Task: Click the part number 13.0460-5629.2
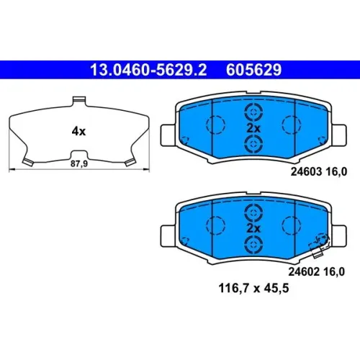point(148,70)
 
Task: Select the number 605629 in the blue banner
point(253,70)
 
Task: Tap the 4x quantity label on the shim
point(78,131)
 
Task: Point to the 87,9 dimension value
point(79,163)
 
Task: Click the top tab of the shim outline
point(79,101)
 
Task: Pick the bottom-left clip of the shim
point(28,162)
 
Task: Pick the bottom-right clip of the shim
point(130,162)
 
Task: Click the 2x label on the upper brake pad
point(253,128)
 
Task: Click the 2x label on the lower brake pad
point(253,228)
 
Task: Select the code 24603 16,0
point(319,172)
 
